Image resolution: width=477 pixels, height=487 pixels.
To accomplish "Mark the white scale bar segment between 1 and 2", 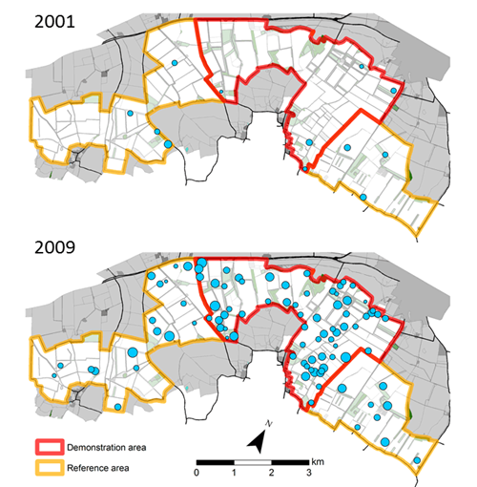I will click(252, 461).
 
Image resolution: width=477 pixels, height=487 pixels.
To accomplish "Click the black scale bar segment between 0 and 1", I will click(215, 461).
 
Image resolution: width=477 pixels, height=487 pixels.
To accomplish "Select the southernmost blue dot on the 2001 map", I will click(363, 198).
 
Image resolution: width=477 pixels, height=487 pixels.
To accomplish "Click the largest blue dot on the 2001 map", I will click(168, 144).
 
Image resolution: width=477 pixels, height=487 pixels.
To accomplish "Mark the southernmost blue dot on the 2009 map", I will click(417, 465).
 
